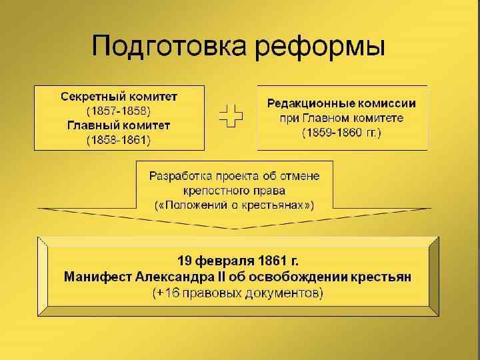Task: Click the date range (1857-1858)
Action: pyautogui.click(x=119, y=110)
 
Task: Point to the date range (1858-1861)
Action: pyautogui.click(x=119, y=140)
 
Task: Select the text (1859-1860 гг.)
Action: pyautogui.click(x=341, y=133)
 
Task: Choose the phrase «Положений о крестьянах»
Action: pyautogui.click(x=234, y=204)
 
